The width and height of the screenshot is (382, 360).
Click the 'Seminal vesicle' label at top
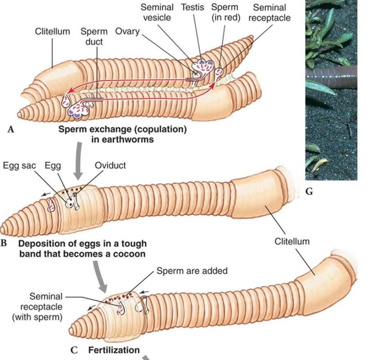157,12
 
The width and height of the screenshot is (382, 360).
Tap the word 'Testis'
193,7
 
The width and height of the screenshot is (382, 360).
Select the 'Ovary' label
127,32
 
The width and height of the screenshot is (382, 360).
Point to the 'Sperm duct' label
94,36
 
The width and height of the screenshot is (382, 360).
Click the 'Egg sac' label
19,165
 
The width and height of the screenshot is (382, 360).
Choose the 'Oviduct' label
110,165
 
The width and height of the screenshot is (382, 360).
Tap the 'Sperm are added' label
192,271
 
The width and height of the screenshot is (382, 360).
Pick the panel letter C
74,350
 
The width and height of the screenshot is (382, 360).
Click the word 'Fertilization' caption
114,350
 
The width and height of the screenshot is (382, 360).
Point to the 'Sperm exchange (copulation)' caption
123,130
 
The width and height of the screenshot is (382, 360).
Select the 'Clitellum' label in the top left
52,32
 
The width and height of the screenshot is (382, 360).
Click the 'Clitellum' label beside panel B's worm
292,241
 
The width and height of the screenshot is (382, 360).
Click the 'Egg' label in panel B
53,165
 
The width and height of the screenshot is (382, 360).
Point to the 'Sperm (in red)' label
225,12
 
